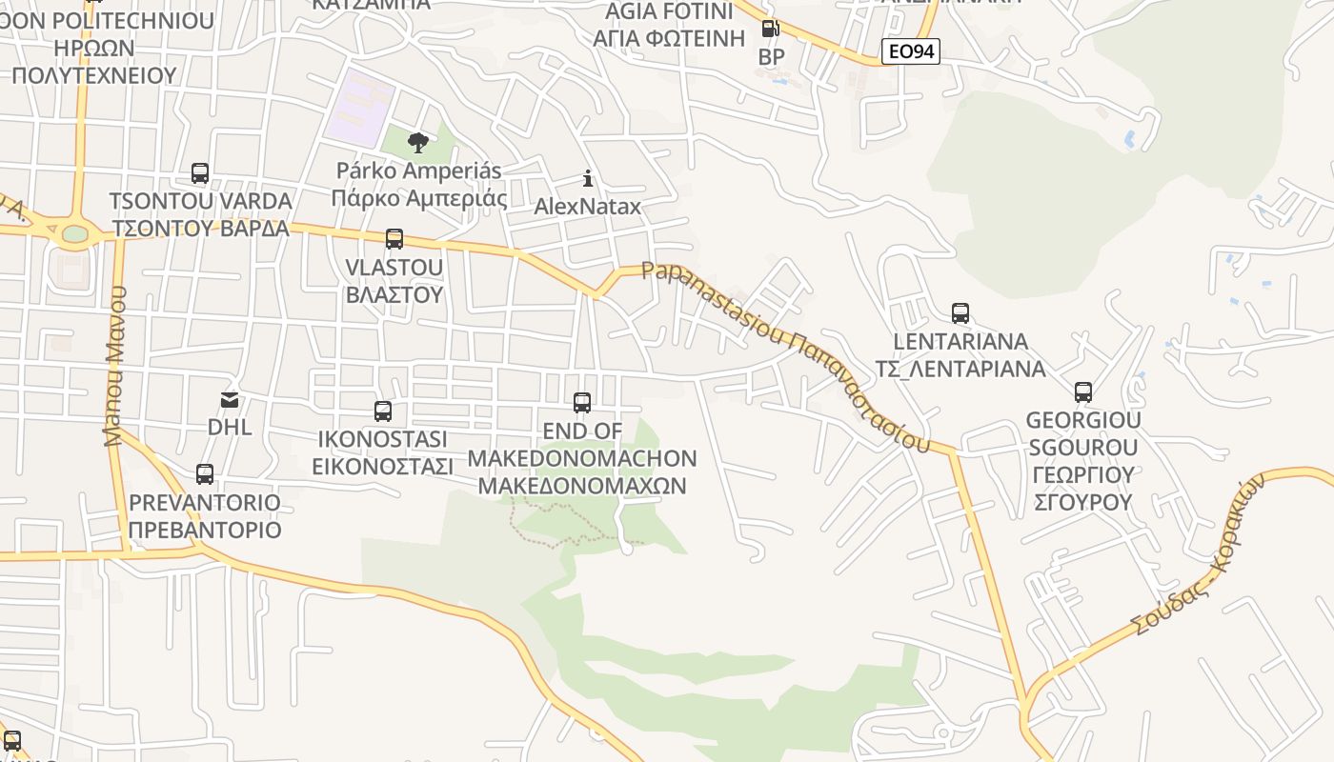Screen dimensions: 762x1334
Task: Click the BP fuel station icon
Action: click(x=770, y=30)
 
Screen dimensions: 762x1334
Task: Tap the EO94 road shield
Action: click(x=910, y=51)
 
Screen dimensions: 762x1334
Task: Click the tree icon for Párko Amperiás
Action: click(x=417, y=143)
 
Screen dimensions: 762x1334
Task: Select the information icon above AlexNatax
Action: click(x=588, y=178)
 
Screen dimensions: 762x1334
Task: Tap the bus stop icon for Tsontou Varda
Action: click(x=200, y=172)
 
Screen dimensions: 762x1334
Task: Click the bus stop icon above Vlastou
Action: click(x=394, y=238)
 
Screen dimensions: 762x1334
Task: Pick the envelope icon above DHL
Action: click(x=230, y=399)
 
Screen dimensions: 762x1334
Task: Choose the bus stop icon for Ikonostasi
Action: click(x=383, y=411)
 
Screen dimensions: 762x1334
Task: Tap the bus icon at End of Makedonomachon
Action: click(x=582, y=402)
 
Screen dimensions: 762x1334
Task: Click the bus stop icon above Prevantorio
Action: click(x=205, y=473)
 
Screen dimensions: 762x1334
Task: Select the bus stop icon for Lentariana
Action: click(x=960, y=312)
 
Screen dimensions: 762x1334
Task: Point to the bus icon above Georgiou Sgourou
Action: click(x=1082, y=391)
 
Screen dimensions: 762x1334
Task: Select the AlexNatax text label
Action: click(x=588, y=206)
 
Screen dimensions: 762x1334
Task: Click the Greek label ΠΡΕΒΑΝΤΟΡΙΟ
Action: click(x=205, y=530)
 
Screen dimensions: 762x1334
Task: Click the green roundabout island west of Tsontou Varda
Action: click(x=74, y=233)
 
